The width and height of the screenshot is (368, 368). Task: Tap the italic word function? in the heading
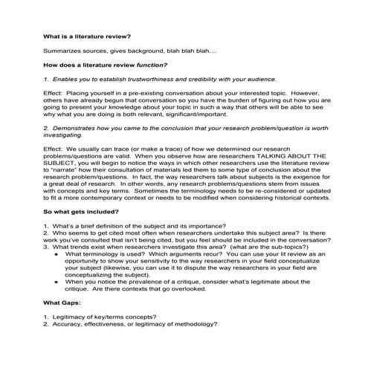[149, 65]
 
